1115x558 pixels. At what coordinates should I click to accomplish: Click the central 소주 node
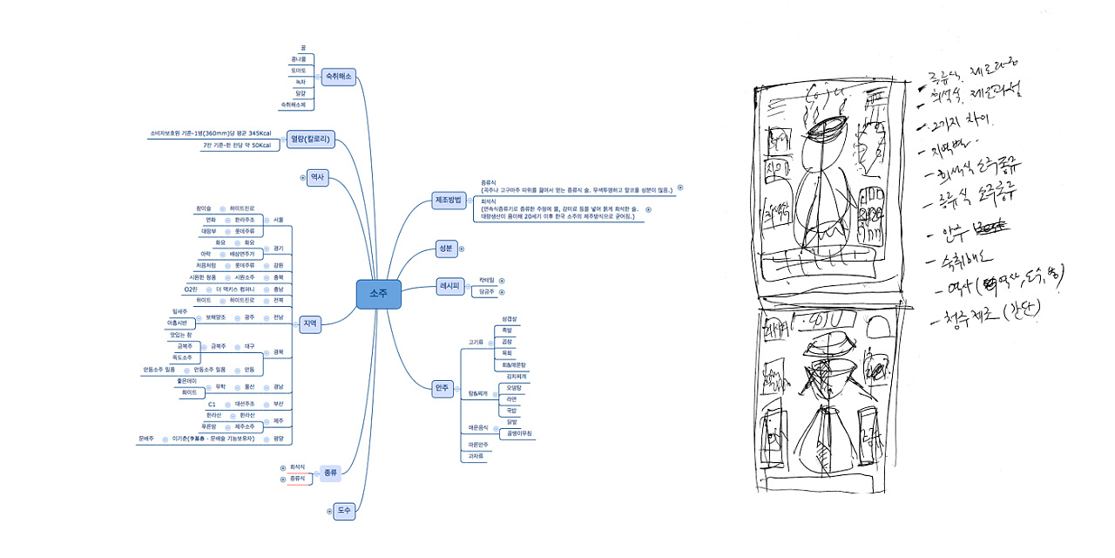pyautogui.click(x=378, y=295)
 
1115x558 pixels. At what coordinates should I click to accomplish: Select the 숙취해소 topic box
pyautogui.click(x=338, y=77)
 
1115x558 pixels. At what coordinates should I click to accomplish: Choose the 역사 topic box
pyautogui.click(x=317, y=177)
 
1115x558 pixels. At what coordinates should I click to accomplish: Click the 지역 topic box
pyautogui.click(x=310, y=323)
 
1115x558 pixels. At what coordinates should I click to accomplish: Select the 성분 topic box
pyautogui.click(x=445, y=248)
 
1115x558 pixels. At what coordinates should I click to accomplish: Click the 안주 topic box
pyautogui.click(x=443, y=389)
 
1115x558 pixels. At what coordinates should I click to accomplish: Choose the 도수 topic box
pyautogui.click(x=344, y=512)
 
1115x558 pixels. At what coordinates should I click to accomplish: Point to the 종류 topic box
pyautogui.click(x=329, y=472)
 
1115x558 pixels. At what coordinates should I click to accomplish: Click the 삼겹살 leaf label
pyautogui.click(x=510, y=319)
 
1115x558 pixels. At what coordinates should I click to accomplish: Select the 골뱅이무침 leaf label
pyautogui.click(x=517, y=433)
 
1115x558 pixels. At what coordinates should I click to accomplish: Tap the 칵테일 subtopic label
pyautogui.click(x=485, y=280)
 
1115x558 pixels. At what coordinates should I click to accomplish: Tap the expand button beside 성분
pyautogui.click(x=462, y=248)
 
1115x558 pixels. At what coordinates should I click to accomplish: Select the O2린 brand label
pyautogui.click(x=191, y=289)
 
